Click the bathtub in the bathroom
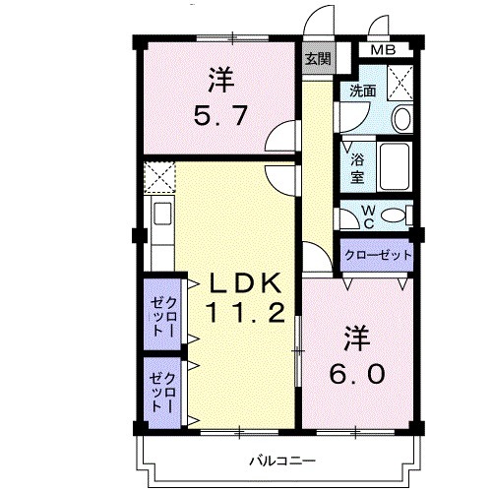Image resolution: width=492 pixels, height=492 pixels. click(x=398, y=167)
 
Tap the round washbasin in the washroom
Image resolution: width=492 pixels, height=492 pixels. click(x=401, y=119)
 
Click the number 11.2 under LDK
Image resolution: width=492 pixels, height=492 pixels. click(x=245, y=314)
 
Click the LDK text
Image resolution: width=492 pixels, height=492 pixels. click(x=246, y=284)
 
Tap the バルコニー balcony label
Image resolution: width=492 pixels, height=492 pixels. click(x=281, y=460)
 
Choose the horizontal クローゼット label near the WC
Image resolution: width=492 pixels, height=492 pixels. click(x=377, y=255)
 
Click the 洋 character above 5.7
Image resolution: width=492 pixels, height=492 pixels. click(x=218, y=76)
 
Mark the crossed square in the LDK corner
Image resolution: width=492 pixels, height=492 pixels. click(x=157, y=178)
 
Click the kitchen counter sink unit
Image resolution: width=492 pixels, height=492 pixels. click(x=159, y=231)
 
